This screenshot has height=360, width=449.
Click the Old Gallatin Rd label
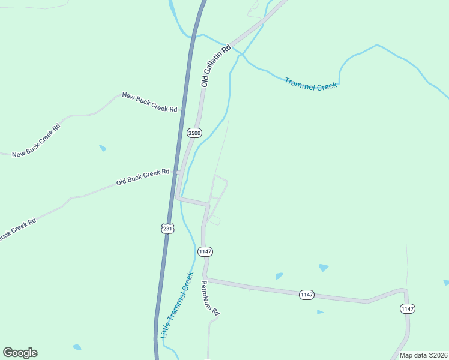click(216, 66)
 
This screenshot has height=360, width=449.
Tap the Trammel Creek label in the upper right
click(310, 84)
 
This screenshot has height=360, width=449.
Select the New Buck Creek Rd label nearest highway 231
click(149, 102)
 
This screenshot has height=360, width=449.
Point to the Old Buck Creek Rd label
click(143, 177)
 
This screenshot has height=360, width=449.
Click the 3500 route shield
click(194, 133)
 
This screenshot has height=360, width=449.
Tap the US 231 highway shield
click(167, 228)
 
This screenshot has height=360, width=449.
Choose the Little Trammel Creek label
click(178, 305)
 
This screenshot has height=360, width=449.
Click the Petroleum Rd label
click(211, 298)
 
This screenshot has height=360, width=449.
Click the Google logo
click(20, 353)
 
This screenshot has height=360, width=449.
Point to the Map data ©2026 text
click(423, 355)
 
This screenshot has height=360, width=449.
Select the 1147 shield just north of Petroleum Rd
click(205, 251)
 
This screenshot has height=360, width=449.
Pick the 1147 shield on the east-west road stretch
click(307, 295)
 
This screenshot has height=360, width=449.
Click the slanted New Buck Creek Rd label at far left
click(37, 140)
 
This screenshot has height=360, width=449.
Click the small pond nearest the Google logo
click(76, 347)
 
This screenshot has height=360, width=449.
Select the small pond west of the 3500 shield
click(103, 148)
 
